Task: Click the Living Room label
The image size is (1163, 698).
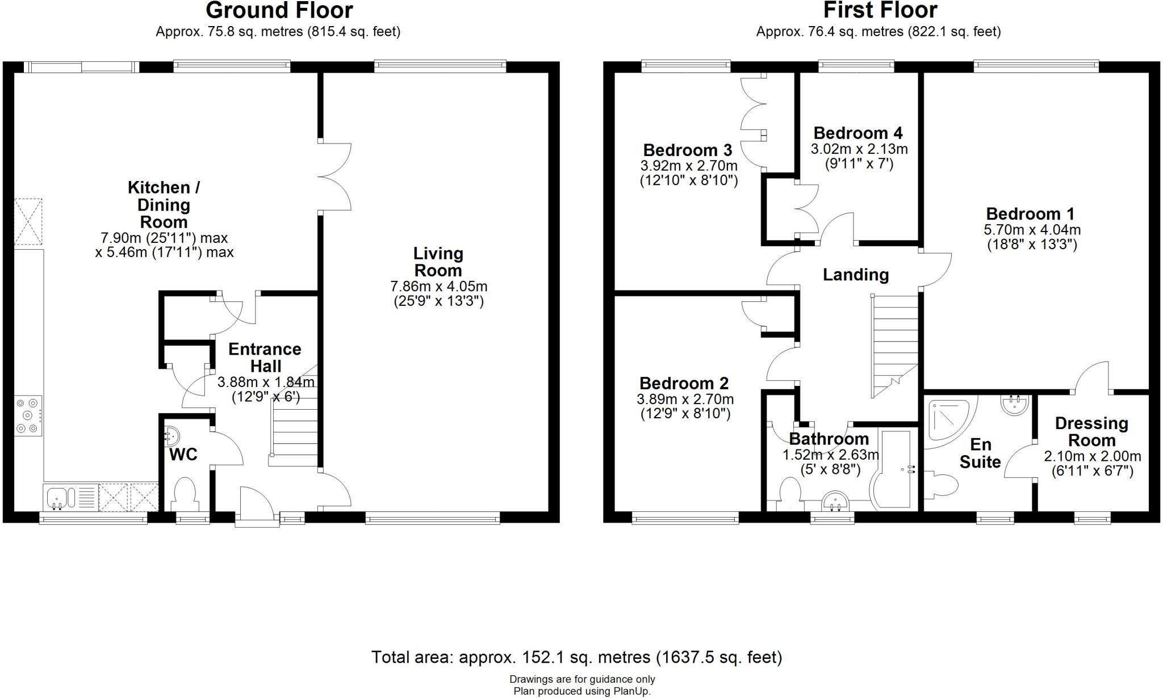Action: click(x=438, y=262)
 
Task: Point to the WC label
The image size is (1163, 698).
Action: click(x=183, y=454)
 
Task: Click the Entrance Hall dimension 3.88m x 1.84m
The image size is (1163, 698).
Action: click(x=266, y=382)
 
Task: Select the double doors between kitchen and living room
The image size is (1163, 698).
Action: click(x=335, y=177)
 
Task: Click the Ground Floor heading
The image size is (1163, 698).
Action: click(x=279, y=10)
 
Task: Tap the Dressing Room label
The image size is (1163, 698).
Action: click(x=1091, y=431)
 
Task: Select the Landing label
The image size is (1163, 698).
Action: click(x=856, y=275)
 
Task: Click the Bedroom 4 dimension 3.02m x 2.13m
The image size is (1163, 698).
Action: click(x=859, y=149)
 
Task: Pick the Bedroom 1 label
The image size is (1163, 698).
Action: click(x=1030, y=214)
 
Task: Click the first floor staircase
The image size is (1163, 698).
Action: click(x=895, y=346)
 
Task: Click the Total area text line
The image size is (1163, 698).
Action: click(x=576, y=657)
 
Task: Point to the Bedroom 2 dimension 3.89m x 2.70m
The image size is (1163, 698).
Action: click(x=685, y=399)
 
